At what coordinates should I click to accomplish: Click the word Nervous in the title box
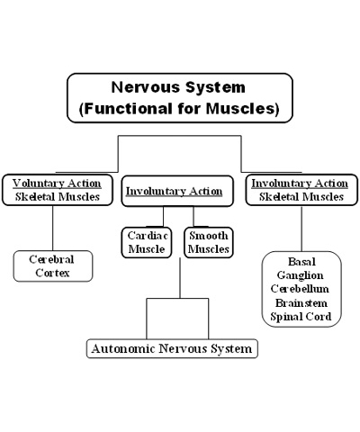tap(146, 87)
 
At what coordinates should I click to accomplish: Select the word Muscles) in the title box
tap(243, 108)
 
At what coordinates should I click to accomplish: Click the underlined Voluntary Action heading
tap(57, 184)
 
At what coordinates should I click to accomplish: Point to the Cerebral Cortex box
tap(53, 266)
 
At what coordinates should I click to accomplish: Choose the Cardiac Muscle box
tap(147, 242)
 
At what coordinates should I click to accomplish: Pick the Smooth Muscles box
tap(209, 242)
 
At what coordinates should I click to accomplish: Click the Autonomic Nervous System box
tap(172, 348)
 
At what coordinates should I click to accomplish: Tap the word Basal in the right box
tap(301, 262)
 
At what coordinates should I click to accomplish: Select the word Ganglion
tap(300, 275)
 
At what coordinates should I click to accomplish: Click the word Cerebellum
tap(300, 289)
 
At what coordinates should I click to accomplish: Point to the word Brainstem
tap(301, 303)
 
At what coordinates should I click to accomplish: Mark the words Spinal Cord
tap(301, 317)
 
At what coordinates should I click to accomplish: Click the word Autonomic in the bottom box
tap(123, 348)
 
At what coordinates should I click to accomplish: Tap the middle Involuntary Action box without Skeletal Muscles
tap(177, 191)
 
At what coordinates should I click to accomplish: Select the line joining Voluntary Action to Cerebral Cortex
tap(53, 229)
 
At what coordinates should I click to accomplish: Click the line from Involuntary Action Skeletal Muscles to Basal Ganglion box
tap(301, 229)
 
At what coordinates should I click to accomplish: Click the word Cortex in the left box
tap(52, 273)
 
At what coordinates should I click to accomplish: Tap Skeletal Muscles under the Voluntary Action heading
tap(58, 197)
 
